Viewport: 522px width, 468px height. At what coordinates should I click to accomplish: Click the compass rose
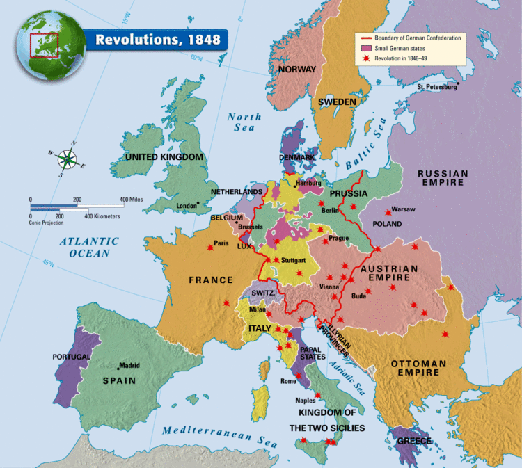coord(66,159)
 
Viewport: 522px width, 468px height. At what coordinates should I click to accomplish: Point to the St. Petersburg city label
coord(436,87)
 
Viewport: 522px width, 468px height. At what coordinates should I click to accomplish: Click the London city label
coord(187,206)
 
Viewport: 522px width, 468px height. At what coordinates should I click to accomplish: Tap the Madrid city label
coord(129,366)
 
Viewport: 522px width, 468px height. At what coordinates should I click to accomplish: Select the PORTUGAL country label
coord(72,357)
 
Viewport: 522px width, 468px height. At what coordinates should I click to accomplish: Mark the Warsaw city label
coord(403,209)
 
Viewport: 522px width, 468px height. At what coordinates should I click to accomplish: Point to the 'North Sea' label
coord(244,122)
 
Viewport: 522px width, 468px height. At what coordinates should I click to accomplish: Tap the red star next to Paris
coord(210,247)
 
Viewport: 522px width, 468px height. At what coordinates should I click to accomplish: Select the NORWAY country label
coord(297,69)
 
